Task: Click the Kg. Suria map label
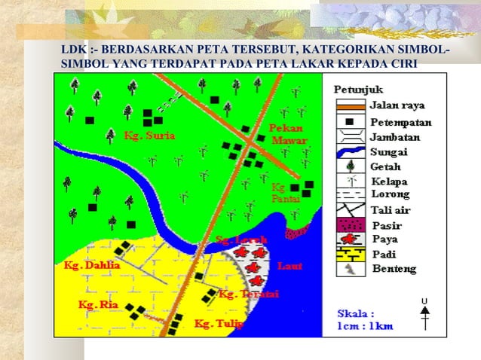point(150,136)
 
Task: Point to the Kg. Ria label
point(97,305)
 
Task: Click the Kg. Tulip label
point(219,325)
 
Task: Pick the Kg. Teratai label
point(248,294)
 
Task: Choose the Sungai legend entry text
point(388,152)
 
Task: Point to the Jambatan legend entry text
point(395,137)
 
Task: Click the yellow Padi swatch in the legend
point(350,255)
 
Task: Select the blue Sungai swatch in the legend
point(350,152)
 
